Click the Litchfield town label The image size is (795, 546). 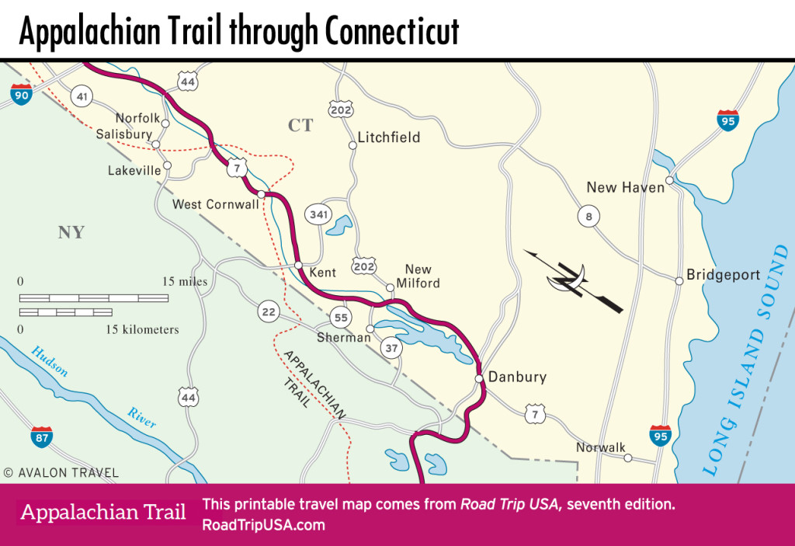[x=388, y=137]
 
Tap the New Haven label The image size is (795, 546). [x=625, y=187]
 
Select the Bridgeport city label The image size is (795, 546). [x=724, y=276]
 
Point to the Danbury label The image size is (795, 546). [x=517, y=377]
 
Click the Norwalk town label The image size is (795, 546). [x=600, y=448]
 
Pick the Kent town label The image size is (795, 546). [x=321, y=273]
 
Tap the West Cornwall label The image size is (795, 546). [x=214, y=204]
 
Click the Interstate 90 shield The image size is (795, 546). [x=22, y=95]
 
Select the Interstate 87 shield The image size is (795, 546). [x=42, y=436]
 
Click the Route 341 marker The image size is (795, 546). [x=318, y=215]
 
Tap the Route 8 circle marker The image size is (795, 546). [x=588, y=217]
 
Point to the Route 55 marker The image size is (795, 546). [x=340, y=317]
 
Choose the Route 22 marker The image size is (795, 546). [x=269, y=312]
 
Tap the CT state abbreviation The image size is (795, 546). [x=300, y=125]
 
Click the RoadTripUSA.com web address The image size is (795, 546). [x=262, y=525]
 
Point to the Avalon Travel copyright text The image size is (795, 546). [x=61, y=471]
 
